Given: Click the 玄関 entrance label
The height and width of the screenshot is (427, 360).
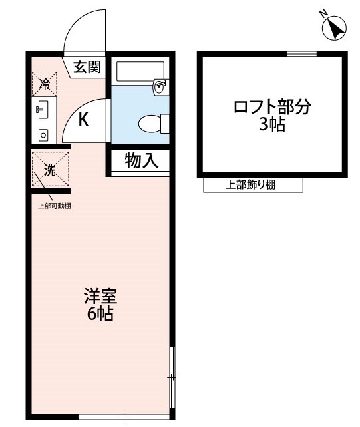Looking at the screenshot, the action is [87, 67].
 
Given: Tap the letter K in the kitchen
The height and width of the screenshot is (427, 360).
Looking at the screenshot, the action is [83, 119].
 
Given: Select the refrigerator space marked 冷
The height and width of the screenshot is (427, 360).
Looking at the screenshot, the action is [45, 84].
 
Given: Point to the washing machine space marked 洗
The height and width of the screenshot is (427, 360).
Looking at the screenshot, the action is [51, 169].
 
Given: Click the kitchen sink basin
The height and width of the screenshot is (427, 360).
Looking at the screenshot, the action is [43, 110].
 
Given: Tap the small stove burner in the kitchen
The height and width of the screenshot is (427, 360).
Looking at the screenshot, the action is [43, 135].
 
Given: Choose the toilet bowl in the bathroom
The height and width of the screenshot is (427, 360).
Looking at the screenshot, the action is [150, 124].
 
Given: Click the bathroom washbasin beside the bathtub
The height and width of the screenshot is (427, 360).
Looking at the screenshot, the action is [160, 86].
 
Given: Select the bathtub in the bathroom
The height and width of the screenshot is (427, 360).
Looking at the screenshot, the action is [140, 71].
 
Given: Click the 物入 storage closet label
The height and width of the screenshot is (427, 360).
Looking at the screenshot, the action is [142, 160].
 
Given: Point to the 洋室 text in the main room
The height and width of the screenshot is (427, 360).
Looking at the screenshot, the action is [100, 296].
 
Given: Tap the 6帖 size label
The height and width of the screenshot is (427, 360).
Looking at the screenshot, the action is [100, 314].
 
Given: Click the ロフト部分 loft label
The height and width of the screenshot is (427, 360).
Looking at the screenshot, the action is [272, 106].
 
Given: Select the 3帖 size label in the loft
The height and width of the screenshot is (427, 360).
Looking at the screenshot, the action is [272, 124].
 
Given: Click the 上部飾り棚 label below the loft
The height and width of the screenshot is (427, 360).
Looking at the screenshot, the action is [250, 185].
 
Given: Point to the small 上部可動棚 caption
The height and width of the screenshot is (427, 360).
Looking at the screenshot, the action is [54, 206].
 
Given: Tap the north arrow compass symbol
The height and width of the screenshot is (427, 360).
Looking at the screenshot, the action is [333, 27].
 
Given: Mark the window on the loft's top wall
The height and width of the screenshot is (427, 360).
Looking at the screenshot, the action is [301, 54].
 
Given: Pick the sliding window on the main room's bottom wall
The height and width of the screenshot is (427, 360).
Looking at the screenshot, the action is [124, 416].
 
